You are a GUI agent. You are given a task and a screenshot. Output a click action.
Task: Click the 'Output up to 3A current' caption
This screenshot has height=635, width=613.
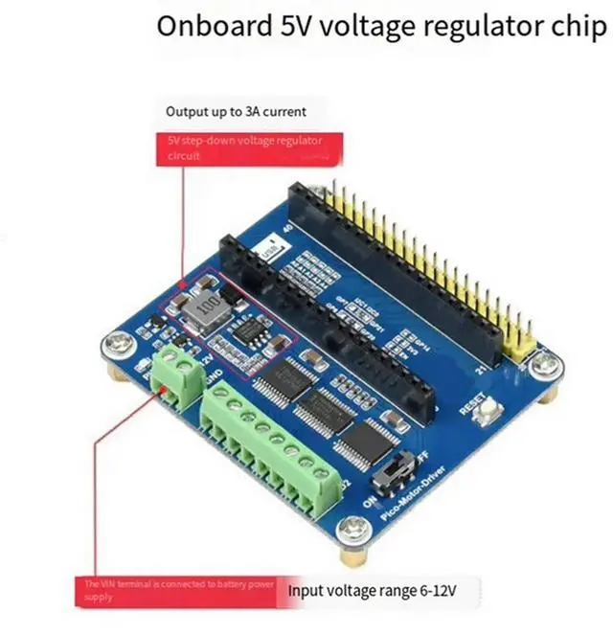click(236, 111)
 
